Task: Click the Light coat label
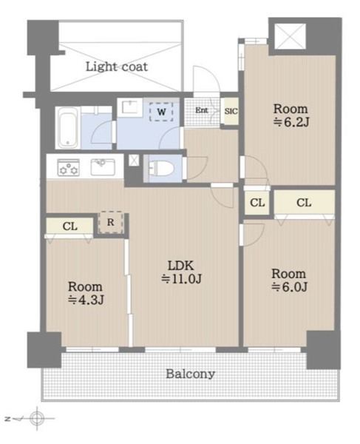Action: point(117,67)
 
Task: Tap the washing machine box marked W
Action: point(161,112)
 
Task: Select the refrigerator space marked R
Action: point(111,222)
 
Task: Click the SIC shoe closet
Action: point(231,111)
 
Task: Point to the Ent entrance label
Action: point(202,110)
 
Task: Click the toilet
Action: point(160,169)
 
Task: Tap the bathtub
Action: point(67,128)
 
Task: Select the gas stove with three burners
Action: point(69,167)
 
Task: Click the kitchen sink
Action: point(103,167)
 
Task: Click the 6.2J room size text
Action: point(291,123)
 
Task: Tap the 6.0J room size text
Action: point(289,287)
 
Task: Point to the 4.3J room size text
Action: point(86,300)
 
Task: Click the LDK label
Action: point(181,266)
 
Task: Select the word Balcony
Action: point(190,374)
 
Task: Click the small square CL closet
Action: point(257,203)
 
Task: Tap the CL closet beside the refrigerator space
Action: point(69,226)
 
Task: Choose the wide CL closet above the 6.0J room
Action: point(305,203)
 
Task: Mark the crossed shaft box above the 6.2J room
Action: point(291,36)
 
